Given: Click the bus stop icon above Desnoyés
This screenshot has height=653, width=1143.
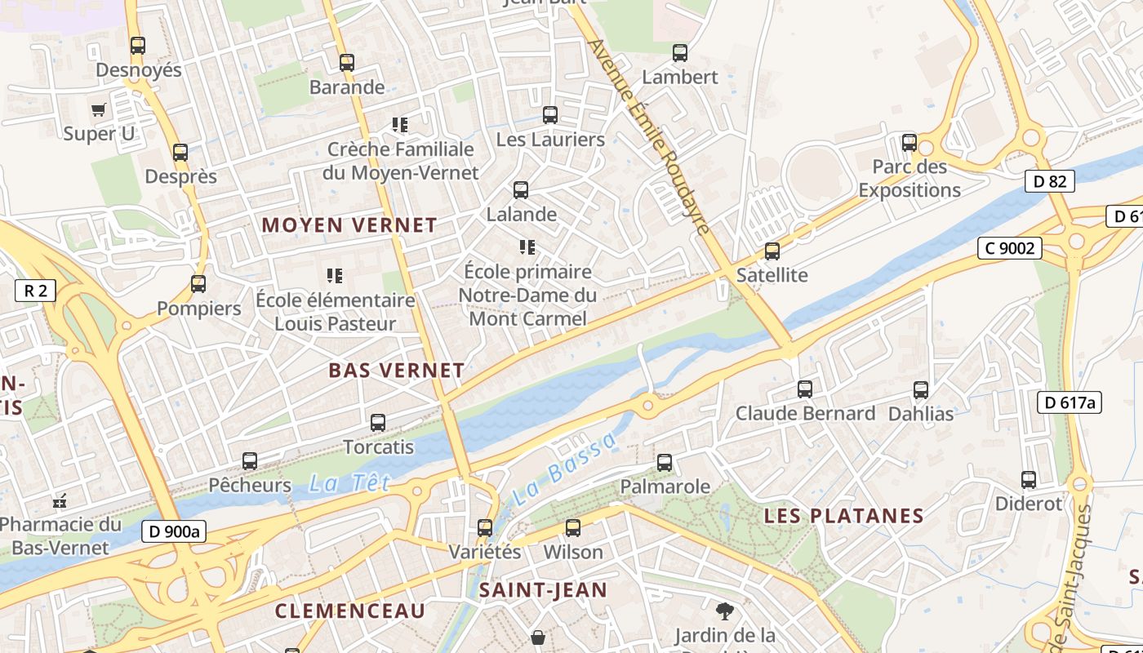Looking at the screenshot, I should click(138, 46).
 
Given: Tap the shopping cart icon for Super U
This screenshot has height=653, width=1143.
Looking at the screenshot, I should click(99, 109).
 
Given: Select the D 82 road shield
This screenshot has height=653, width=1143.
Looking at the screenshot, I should click(1049, 181).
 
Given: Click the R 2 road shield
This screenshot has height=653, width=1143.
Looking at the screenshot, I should click(35, 290).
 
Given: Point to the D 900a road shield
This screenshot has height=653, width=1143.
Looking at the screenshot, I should click(174, 531).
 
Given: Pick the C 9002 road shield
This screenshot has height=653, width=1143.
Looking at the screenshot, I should click(1009, 247).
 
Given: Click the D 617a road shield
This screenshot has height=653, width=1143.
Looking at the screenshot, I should click(1069, 402).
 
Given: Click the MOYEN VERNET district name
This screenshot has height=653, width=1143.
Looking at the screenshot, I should click(349, 224).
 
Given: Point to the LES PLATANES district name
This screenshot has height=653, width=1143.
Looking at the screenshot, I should click(843, 516).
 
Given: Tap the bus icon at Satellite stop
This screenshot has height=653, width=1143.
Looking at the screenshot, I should click(772, 251).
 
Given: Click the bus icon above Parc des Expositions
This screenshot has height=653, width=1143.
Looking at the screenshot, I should click(909, 143).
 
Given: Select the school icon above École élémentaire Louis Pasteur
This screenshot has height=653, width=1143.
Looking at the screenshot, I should click(335, 276).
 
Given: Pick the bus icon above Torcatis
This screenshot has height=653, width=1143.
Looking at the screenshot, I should click(378, 423).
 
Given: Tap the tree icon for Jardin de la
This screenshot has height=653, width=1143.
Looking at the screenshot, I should click(724, 611).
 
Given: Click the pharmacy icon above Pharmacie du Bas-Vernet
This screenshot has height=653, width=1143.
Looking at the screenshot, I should click(59, 500).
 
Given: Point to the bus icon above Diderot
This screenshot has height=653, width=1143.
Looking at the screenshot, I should click(1029, 480).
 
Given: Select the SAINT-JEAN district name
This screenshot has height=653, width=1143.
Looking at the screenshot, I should click(543, 589).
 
